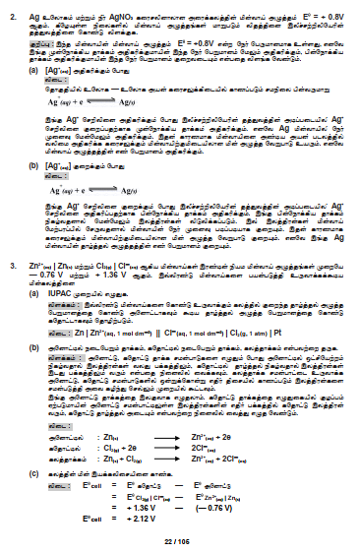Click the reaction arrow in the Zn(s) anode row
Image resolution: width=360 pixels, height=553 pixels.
pos(171,434)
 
